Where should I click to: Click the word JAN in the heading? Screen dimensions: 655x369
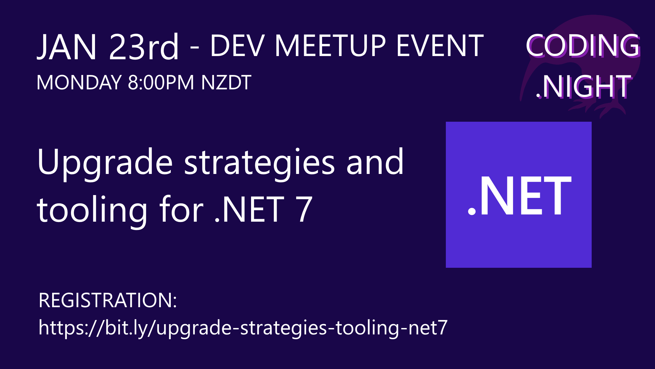tap(67, 47)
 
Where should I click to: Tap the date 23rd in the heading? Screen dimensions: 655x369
tap(144, 47)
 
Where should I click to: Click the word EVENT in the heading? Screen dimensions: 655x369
tap(440, 46)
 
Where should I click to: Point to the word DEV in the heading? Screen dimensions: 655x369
tap(237, 46)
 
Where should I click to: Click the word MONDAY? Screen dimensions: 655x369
tap(79, 83)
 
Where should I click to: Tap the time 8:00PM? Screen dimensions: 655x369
tap(161, 83)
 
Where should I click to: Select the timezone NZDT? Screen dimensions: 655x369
tap(226, 83)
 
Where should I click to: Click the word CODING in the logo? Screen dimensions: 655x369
tap(583, 45)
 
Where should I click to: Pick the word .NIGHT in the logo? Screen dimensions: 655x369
tap(584, 86)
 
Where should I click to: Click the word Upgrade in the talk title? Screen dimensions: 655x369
tap(105, 163)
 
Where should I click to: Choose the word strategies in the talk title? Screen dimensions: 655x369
tap(259, 163)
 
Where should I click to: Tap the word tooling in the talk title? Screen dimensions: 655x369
tap(92, 210)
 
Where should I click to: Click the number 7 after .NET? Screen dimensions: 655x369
tap(304, 209)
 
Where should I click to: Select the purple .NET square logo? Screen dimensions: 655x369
tap(518, 195)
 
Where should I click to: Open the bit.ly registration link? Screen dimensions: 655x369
tap(243, 328)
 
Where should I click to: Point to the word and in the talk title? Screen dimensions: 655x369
tap(375, 162)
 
